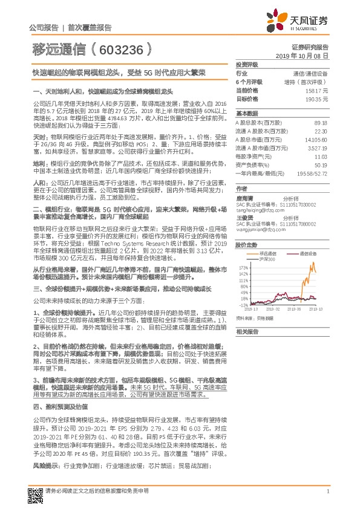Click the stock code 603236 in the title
tap(125, 47)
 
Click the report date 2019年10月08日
tap(306, 55)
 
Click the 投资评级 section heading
tap(247, 64)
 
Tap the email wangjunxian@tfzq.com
tap(259, 229)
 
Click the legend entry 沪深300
tap(267, 259)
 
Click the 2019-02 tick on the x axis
tap(272, 309)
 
